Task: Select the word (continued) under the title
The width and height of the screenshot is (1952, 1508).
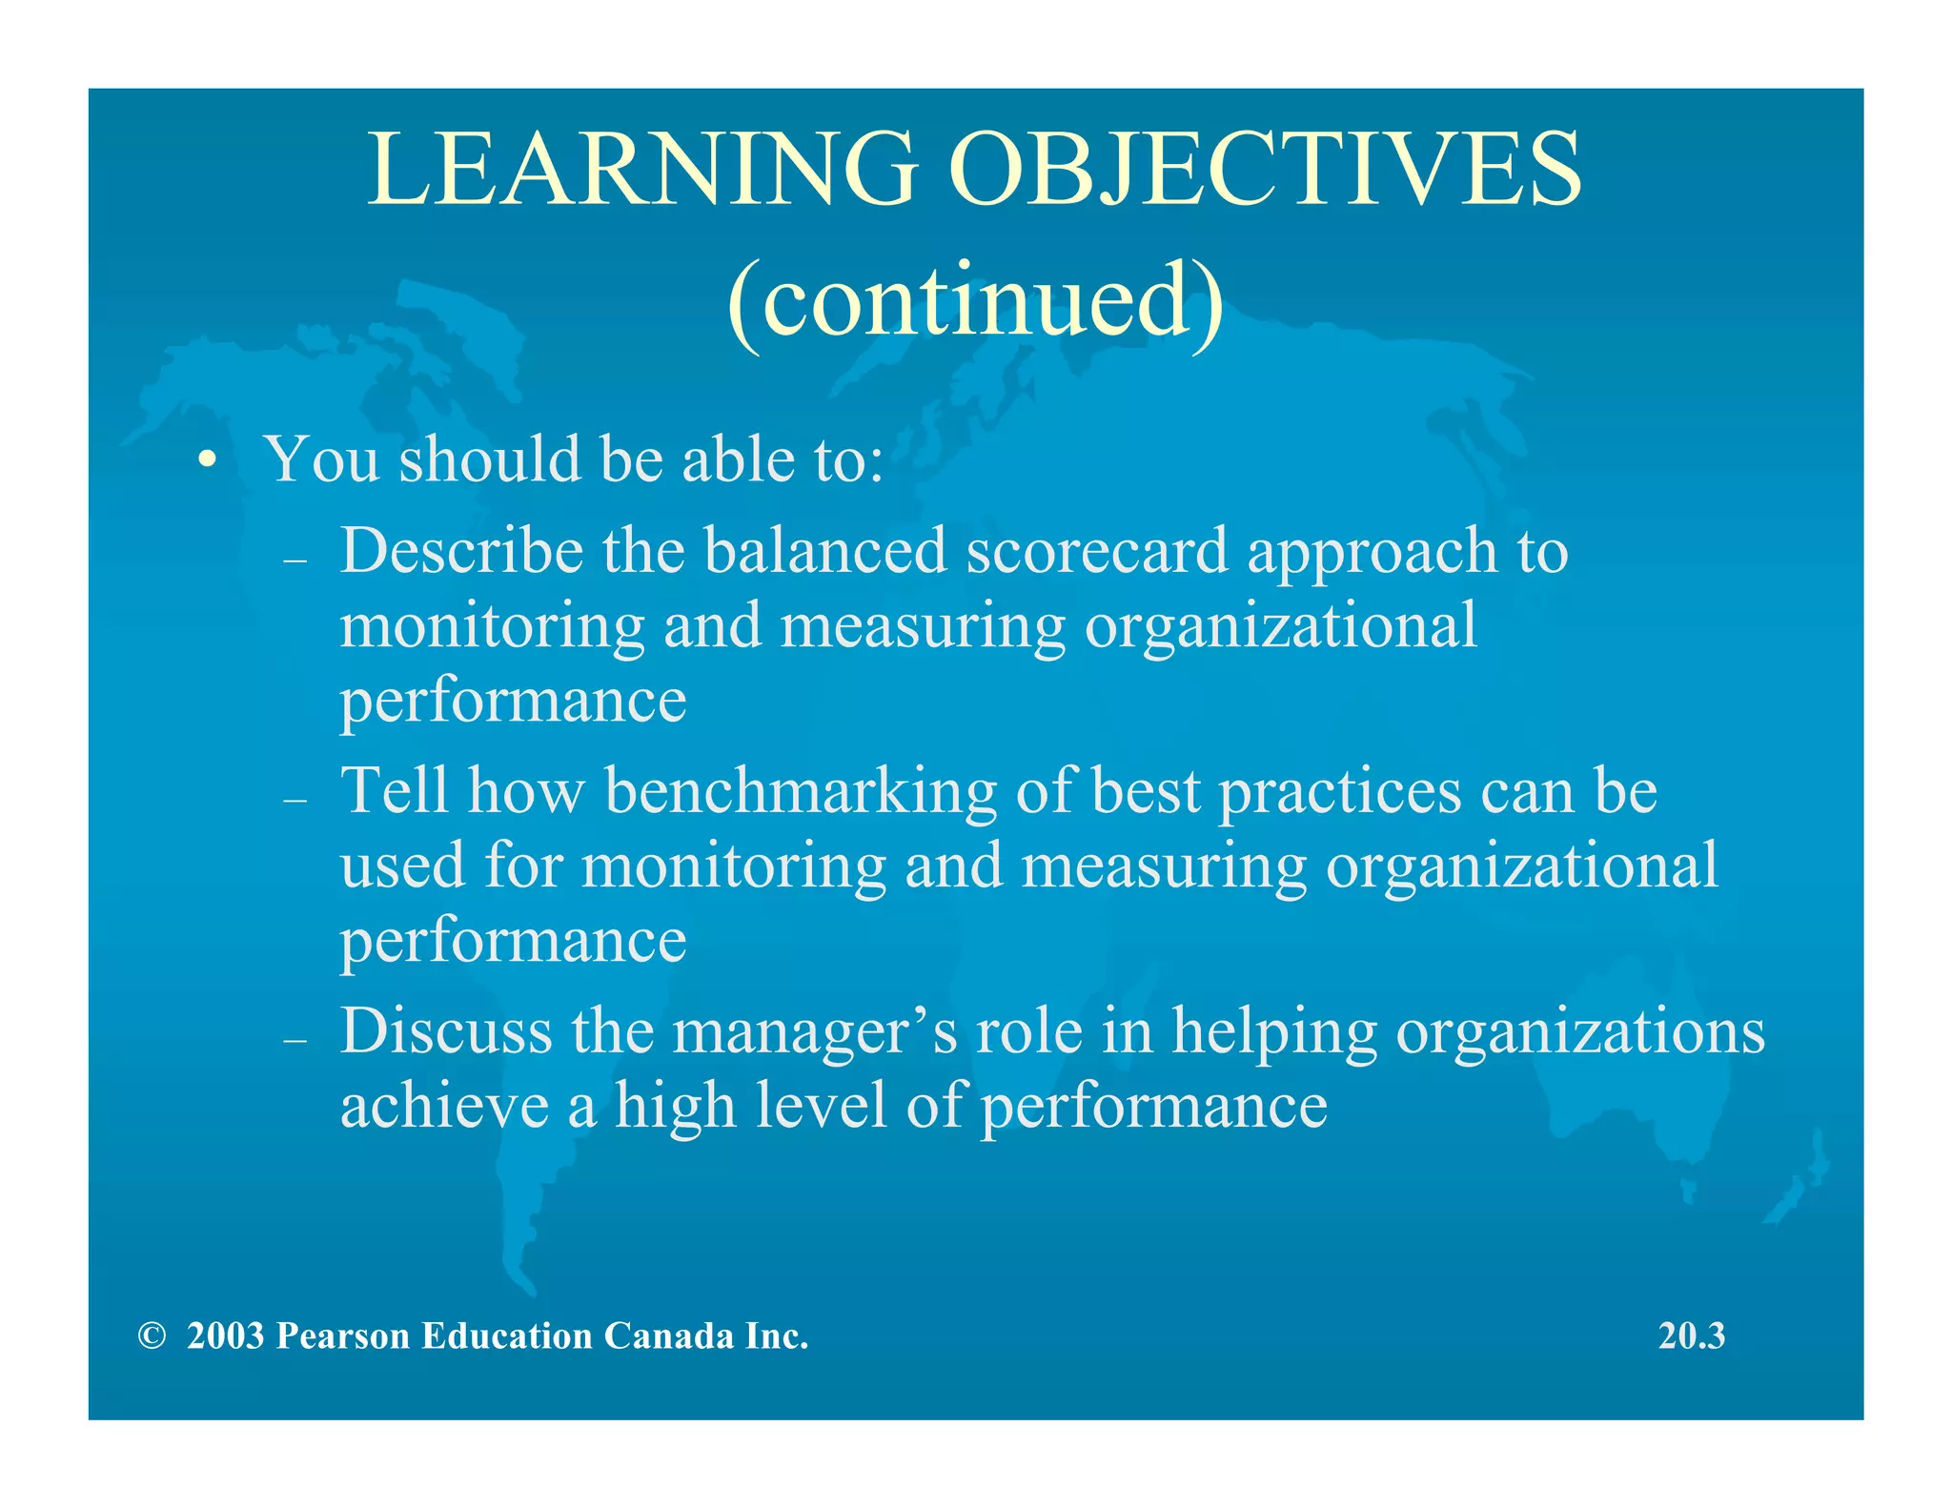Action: coord(974,300)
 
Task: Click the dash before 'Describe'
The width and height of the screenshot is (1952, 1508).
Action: coord(295,560)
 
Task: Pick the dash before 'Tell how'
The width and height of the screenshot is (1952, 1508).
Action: coord(295,800)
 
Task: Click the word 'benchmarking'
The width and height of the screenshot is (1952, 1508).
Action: coord(801,793)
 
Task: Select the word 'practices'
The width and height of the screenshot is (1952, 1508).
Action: coord(1340,793)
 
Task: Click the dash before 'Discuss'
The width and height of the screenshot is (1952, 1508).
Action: coord(295,1040)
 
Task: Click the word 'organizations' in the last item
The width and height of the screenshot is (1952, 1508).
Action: coord(1579,1033)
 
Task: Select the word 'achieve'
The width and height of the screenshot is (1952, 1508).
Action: coord(444,1106)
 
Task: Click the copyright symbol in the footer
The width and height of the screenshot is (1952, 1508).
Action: coord(152,1336)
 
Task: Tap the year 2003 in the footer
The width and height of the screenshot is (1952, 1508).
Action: coord(225,1336)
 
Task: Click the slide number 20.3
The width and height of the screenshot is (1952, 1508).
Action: coord(1691,1336)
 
